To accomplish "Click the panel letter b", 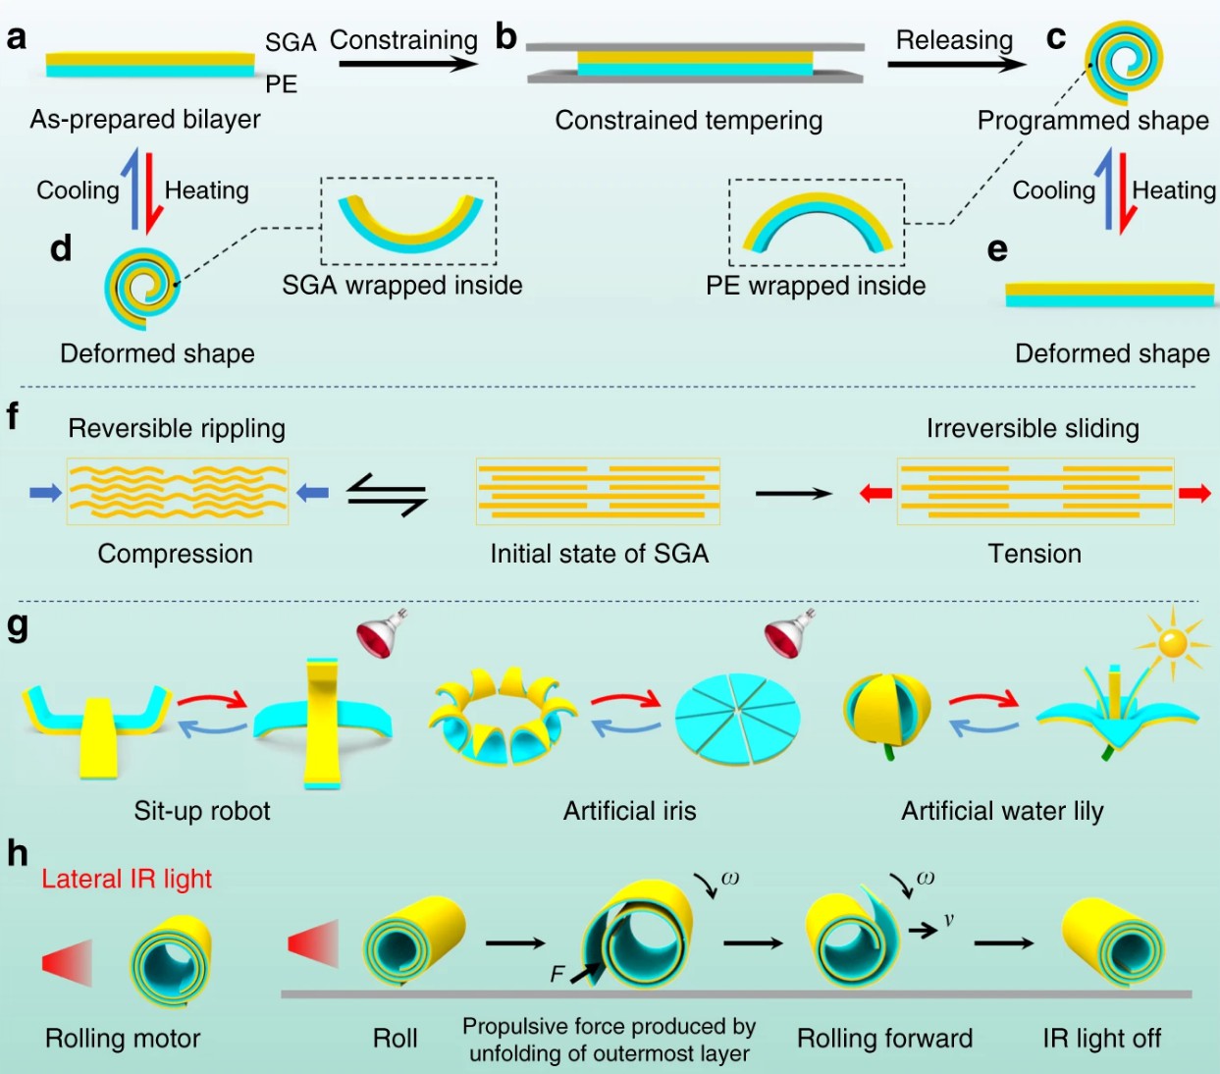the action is coord(506,37).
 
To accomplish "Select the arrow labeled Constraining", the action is coord(408,63).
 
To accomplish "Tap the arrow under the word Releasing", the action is coord(957,64).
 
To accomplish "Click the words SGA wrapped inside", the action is coord(402,285).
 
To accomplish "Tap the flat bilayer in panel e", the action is coord(1110,295).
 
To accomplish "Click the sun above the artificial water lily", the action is coord(1173,644).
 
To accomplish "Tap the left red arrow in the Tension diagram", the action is coord(875,494).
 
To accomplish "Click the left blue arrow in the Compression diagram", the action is coord(46,493).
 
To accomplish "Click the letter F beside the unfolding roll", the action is coord(557,974).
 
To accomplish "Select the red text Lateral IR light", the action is coord(127,879).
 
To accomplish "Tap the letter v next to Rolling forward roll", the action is coord(948,919).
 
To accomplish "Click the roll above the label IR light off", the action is coord(1113,943).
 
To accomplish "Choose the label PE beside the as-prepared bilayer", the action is coord(282,84).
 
